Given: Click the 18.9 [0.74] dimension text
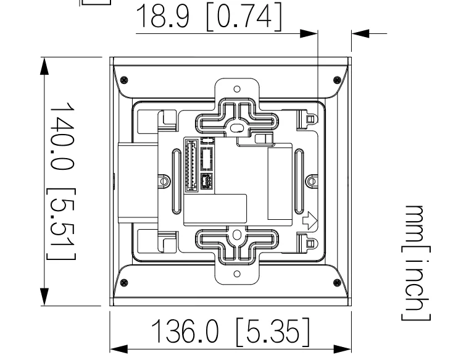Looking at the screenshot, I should tap(208, 17).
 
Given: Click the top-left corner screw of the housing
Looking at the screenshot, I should tap(125, 80).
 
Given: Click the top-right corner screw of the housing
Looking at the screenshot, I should tap(336, 80).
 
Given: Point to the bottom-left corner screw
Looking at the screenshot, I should tap(125, 283).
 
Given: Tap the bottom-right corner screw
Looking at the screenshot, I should tap(336, 283).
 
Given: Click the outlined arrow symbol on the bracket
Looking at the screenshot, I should tap(309, 219).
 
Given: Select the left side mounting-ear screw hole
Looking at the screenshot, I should tap(164, 182).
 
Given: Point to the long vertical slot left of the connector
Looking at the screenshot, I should tap(178, 181).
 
